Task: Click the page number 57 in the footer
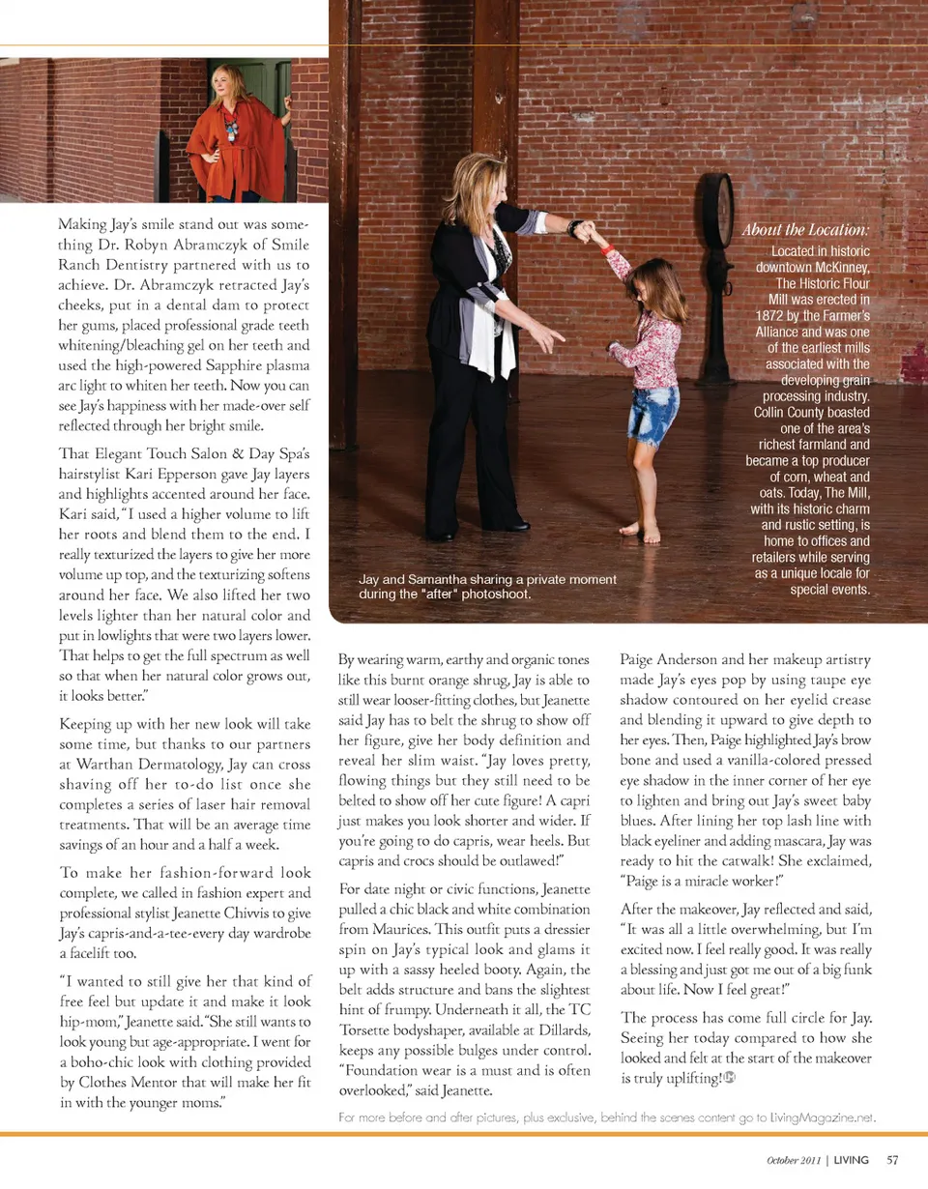click(892, 1160)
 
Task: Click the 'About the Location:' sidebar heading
click(805, 230)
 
